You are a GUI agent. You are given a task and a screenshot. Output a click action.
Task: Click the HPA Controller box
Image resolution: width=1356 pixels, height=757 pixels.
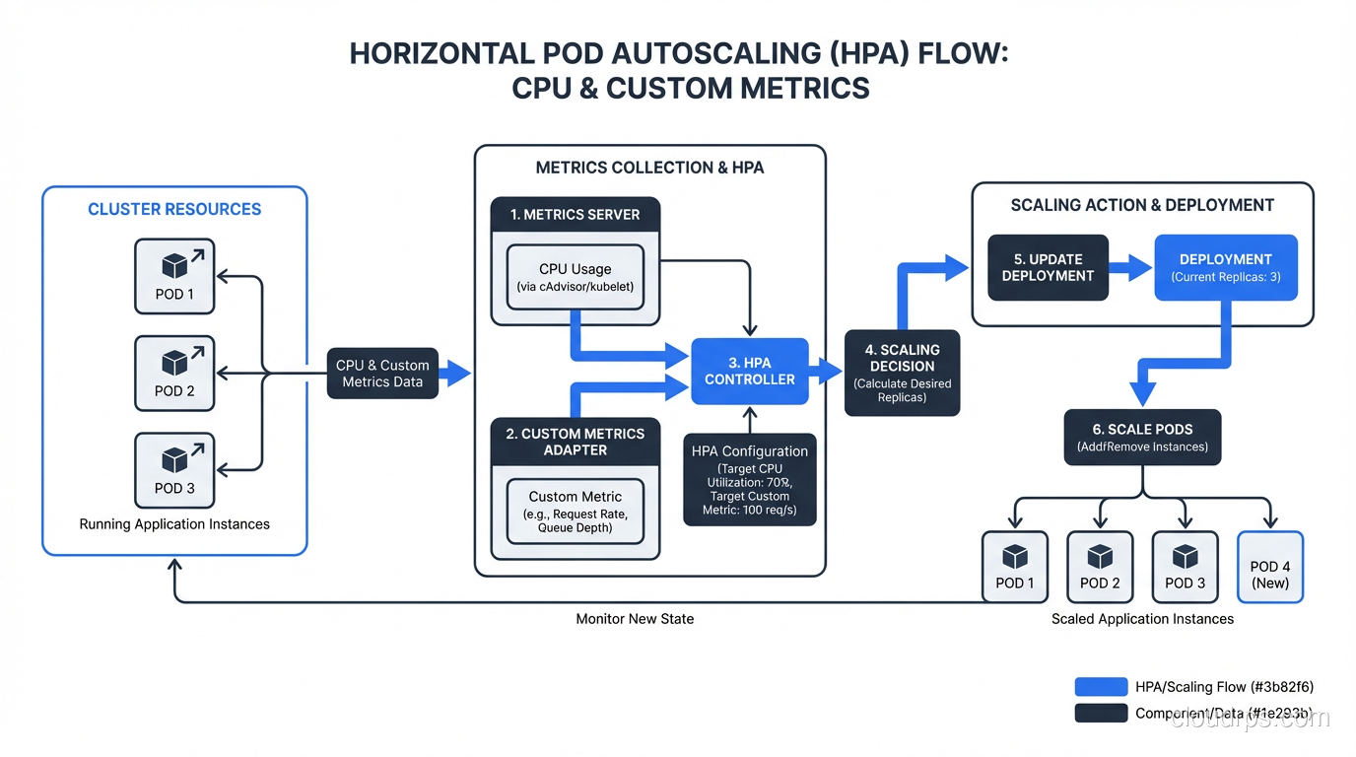pos(749,371)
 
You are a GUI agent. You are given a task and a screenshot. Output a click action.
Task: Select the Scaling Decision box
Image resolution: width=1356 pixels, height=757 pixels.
pos(902,373)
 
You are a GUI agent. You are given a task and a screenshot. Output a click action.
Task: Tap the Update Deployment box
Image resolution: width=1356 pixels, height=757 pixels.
pos(1048,267)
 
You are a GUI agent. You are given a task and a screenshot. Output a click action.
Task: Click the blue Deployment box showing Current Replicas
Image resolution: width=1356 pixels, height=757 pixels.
pos(1225,267)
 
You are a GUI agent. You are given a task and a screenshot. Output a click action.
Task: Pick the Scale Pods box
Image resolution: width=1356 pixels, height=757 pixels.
pos(1142,437)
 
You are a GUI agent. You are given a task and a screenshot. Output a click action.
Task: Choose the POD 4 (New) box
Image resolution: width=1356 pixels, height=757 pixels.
pos(1269,567)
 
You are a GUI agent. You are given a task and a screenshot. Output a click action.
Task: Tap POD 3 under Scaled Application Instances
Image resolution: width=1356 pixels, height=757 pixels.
pos(1185,567)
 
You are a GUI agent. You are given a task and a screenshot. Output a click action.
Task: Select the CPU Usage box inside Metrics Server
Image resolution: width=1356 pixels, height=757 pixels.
pos(575,277)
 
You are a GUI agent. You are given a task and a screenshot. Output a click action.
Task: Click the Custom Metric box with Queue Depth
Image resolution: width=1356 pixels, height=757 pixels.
pos(575,511)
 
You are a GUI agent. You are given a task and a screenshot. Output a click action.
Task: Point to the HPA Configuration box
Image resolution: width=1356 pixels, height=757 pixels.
pos(749,479)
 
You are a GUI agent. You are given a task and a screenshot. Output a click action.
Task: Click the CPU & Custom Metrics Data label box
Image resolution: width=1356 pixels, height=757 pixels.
pos(382,373)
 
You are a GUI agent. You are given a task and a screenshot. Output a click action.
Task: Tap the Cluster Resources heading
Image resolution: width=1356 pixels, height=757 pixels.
pos(174,209)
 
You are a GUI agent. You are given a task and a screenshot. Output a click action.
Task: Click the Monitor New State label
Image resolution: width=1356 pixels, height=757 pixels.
pos(635,619)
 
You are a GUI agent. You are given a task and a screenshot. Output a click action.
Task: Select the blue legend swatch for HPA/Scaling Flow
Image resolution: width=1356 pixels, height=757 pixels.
pos(1101,687)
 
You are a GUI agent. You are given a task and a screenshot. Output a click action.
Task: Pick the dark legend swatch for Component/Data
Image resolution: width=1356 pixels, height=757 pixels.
pos(1101,713)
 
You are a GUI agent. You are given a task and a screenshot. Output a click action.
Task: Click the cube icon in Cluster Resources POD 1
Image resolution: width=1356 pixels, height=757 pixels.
pos(174,266)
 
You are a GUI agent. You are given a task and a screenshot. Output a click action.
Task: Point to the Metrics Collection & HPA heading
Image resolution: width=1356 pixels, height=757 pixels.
pos(649,168)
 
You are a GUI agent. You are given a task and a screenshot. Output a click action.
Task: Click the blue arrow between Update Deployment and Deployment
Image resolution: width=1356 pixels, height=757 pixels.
pos(1130,266)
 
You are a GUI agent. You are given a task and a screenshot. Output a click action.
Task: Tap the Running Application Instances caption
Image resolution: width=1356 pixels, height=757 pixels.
pos(174,524)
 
